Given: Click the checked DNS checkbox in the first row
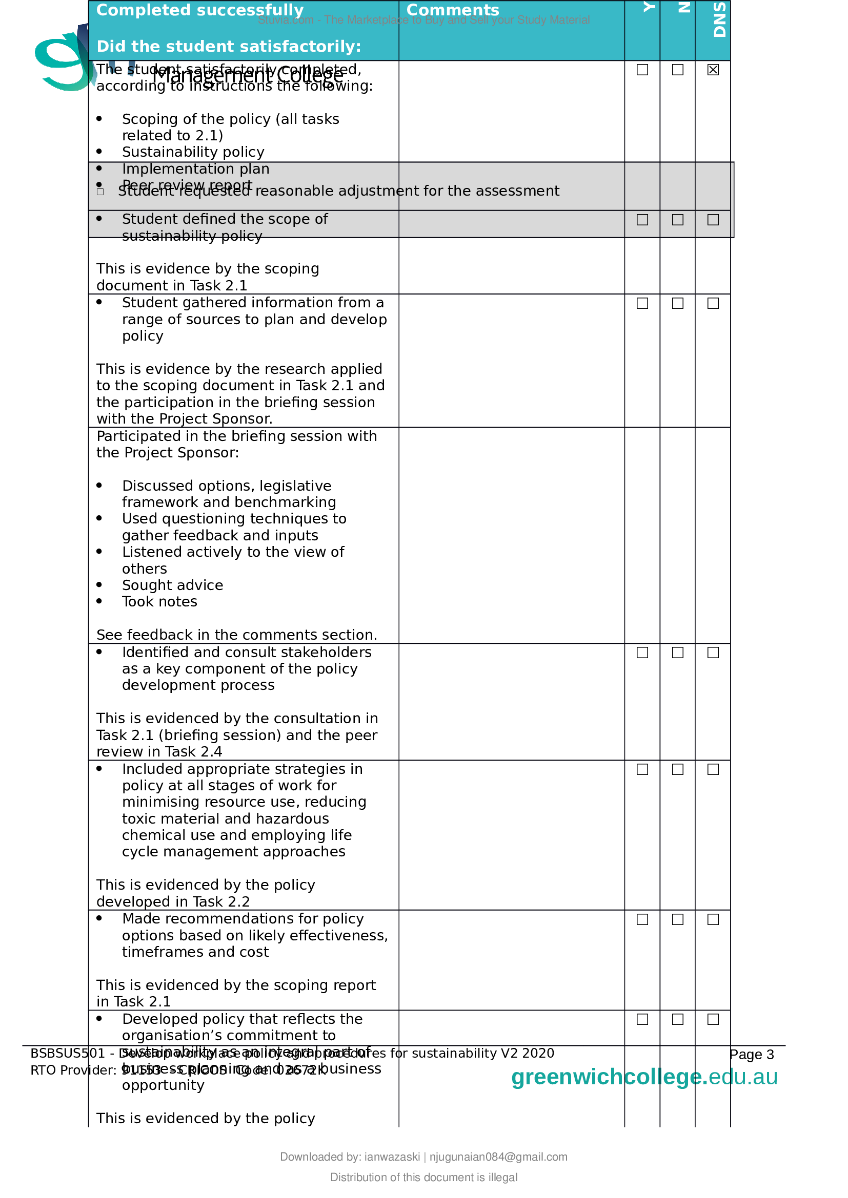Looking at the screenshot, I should coord(713,70).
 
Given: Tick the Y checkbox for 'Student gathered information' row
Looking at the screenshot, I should coord(642,303).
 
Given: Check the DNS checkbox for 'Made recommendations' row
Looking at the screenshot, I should coord(713,919).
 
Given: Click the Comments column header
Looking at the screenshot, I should coord(452,10).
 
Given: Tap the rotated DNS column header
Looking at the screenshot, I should coord(719,20).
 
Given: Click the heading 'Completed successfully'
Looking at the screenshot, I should coord(199,10).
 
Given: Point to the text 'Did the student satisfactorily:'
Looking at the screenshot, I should coord(229,47).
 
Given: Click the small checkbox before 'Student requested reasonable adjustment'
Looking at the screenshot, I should coord(100,192).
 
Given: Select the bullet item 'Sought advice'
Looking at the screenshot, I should coord(172,585).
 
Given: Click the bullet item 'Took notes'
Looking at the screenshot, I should coord(159,602).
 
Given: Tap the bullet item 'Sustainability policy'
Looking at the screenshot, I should coord(193,152).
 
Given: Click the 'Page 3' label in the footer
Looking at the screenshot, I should coord(752,1055).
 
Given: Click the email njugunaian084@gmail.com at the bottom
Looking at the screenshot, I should coord(498,1157).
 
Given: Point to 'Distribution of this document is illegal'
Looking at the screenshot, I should coord(423,1177).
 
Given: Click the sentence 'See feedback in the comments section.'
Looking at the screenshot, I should coord(236,635).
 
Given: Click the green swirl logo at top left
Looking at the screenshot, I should coord(63,60).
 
